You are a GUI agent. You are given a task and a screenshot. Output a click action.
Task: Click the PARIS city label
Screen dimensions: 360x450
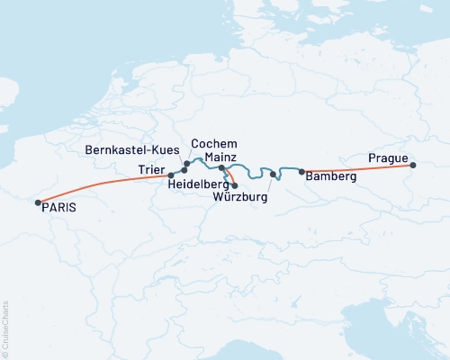58,207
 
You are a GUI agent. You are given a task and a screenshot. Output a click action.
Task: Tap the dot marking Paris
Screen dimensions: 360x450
38,203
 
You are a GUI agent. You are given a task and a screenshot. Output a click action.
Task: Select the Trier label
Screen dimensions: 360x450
152,170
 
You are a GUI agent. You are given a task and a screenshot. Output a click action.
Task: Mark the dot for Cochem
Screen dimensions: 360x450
186,164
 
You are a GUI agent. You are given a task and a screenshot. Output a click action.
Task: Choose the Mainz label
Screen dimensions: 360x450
220,157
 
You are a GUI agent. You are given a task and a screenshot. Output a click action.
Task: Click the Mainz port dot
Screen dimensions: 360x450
222,168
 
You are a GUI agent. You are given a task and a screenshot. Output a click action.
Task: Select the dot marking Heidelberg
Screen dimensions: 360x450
234,185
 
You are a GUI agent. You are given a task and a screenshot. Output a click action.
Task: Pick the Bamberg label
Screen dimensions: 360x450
331,177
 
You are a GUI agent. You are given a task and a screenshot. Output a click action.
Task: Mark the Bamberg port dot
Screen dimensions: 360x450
301,171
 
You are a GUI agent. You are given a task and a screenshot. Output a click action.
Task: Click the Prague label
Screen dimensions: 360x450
388,158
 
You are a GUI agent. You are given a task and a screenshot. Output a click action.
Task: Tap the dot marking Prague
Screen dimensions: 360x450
413,166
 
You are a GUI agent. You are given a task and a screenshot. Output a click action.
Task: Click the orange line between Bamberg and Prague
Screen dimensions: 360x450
360,168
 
